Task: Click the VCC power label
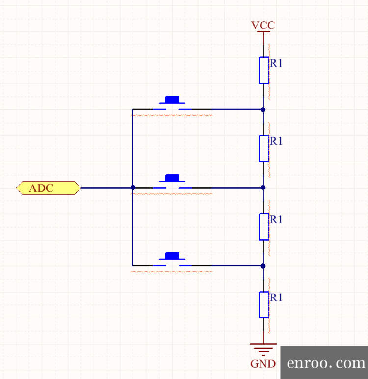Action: pyautogui.click(x=263, y=25)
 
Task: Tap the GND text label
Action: pyautogui.click(x=263, y=364)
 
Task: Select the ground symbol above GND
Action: pyautogui.click(x=263, y=348)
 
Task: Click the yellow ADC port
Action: pyautogui.click(x=48, y=188)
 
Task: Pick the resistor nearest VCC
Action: pyautogui.click(x=263, y=70)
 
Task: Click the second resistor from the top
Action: pyautogui.click(x=263, y=148)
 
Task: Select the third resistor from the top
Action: pyautogui.click(x=263, y=226)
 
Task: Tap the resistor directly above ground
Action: pyautogui.click(x=263, y=304)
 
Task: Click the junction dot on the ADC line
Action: pyautogui.click(x=133, y=188)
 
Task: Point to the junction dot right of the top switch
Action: pyautogui.click(x=263, y=109)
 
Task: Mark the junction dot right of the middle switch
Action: pyautogui.click(x=263, y=188)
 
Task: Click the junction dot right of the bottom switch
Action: pyautogui.click(x=263, y=266)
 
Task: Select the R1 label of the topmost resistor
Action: pyautogui.click(x=276, y=63)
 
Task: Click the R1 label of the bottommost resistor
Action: pyautogui.click(x=276, y=298)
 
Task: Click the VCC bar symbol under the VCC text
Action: pyautogui.click(x=263, y=32)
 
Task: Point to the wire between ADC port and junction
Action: pyautogui.click(x=105, y=188)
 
